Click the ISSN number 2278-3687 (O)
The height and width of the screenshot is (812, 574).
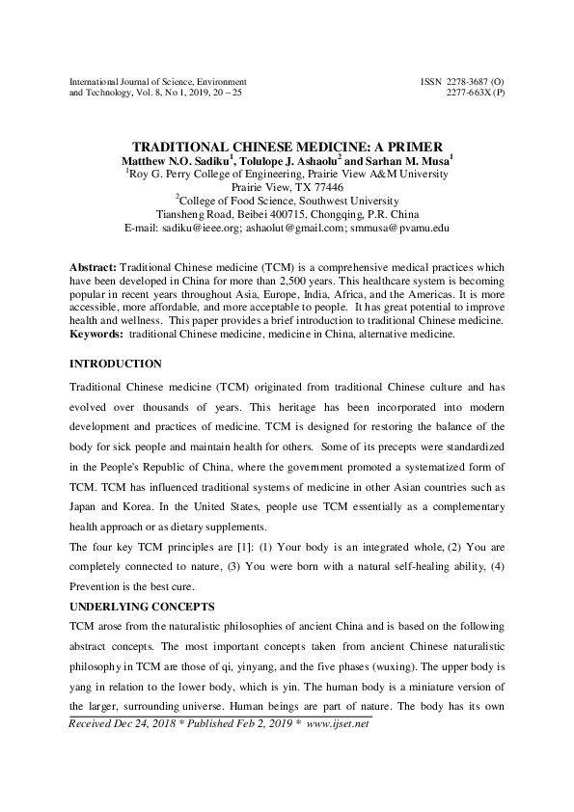pos(463,82)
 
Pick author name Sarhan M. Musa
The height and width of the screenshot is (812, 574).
pos(395,156)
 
